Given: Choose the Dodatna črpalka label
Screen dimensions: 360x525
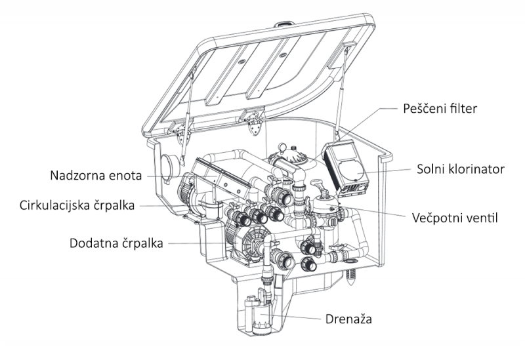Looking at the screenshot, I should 117,243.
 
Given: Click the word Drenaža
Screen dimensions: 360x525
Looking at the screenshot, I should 350,320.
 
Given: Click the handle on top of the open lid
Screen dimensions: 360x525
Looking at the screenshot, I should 285,26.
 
